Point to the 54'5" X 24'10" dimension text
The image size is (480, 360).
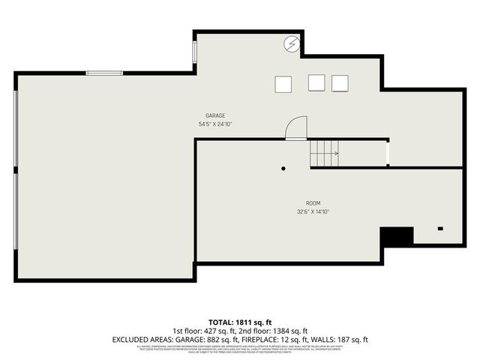[215, 124]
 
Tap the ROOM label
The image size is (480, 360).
[313, 203]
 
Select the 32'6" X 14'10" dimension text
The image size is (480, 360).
[313, 211]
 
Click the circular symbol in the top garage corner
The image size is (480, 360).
[291, 44]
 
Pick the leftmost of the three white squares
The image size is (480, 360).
[283, 83]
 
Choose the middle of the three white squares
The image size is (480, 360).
[316, 82]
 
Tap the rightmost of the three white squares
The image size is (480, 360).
[340, 82]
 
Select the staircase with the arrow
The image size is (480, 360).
[325, 154]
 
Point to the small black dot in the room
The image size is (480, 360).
[283, 169]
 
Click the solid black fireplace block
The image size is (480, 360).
[397, 237]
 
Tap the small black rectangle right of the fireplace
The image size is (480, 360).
[440, 228]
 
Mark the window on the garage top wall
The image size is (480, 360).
[104, 72]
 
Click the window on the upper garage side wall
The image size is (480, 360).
[195, 52]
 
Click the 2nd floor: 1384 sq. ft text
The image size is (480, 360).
[272, 330]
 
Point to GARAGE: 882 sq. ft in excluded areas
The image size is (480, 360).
[202, 339]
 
